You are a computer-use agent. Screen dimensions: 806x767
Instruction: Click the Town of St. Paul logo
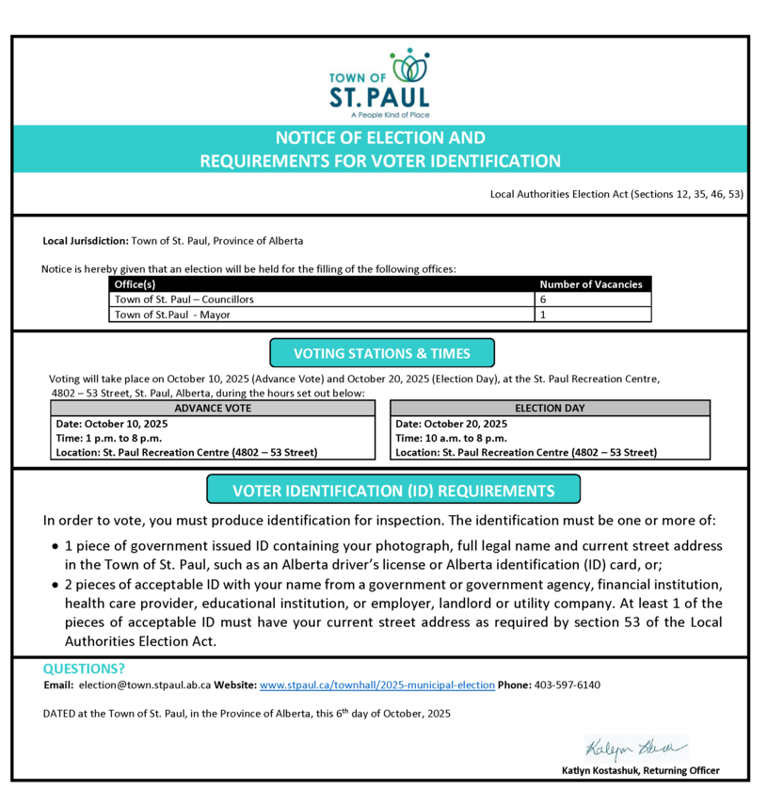coord(380,83)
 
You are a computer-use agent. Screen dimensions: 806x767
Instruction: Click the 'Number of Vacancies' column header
coord(590,284)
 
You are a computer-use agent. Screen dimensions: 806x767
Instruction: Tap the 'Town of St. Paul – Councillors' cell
coord(184,299)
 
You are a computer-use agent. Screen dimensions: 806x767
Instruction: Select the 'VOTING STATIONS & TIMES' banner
coord(381,354)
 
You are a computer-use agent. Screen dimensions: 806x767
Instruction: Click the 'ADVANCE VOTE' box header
coord(213,409)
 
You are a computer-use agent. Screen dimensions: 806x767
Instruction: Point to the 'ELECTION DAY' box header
coord(550,409)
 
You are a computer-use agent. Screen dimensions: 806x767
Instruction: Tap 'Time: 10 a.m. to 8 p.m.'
coord(451,438)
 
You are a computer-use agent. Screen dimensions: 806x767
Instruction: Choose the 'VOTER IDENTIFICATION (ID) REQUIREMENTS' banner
coord(393,491)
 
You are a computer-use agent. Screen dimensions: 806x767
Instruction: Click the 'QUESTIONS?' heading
coord(84,669)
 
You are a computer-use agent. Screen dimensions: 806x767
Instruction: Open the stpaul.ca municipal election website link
coord(376,685)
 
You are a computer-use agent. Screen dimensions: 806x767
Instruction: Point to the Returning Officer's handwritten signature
coord(636,749)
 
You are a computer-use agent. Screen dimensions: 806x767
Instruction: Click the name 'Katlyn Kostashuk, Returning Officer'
coord(640,770)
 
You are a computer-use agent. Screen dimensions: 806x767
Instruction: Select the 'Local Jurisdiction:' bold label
coord(86,241)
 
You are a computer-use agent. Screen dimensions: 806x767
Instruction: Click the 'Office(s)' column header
coord(135,284)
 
